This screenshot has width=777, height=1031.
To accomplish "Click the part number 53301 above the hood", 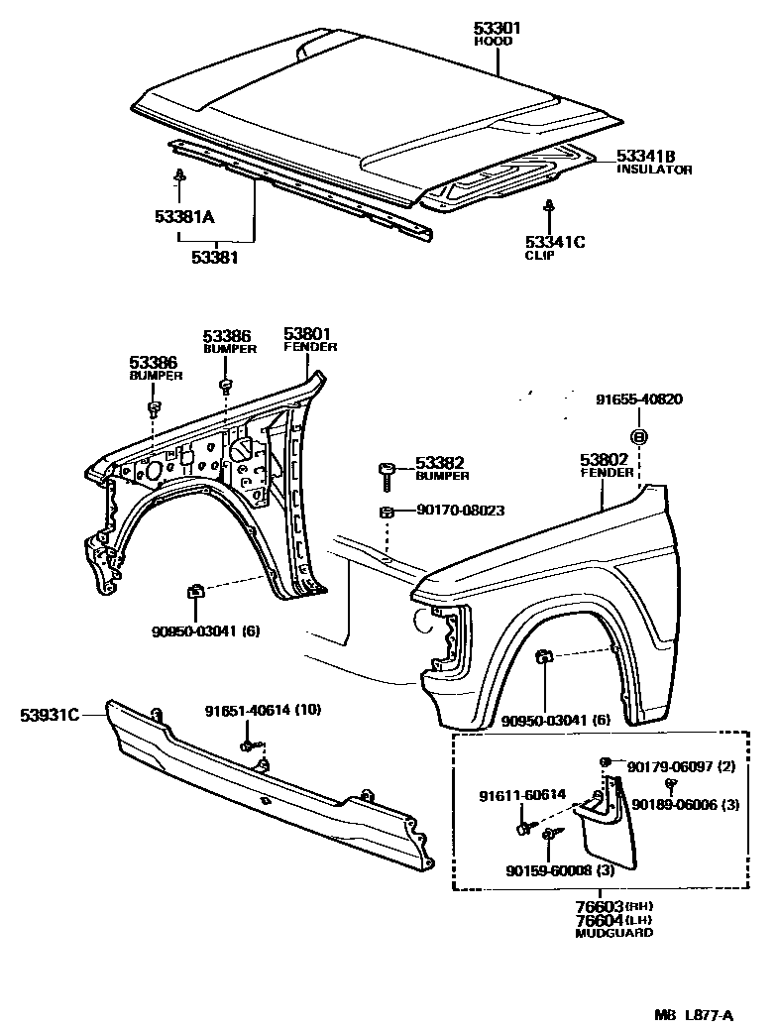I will pyautogui.click(x=497, y=30).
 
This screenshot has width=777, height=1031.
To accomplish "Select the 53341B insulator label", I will pyautogui.click(x=645, y=156).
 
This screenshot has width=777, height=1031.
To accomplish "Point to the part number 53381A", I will pyautogui.click(x=184, y=217).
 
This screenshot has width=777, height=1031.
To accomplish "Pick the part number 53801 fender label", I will pyautogui.click(x=309, y=334).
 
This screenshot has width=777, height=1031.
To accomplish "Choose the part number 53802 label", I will pyautogui.click(x=606, y=460).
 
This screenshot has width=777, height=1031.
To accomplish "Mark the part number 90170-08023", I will pyautogui.click(x=461, y=511).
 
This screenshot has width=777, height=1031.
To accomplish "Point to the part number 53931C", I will pyautogui.click(x=50, y=712).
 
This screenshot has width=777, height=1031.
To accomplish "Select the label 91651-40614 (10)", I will pyautogui.click(x=264, y=711).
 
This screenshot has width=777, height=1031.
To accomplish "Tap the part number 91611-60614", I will pyautogui.click(x=522, y=794).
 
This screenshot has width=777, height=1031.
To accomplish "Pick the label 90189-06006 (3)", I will pyautogui.click(x=685, y=804).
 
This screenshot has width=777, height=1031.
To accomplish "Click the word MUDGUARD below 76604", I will pyautogui.click(x=613, y=933).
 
